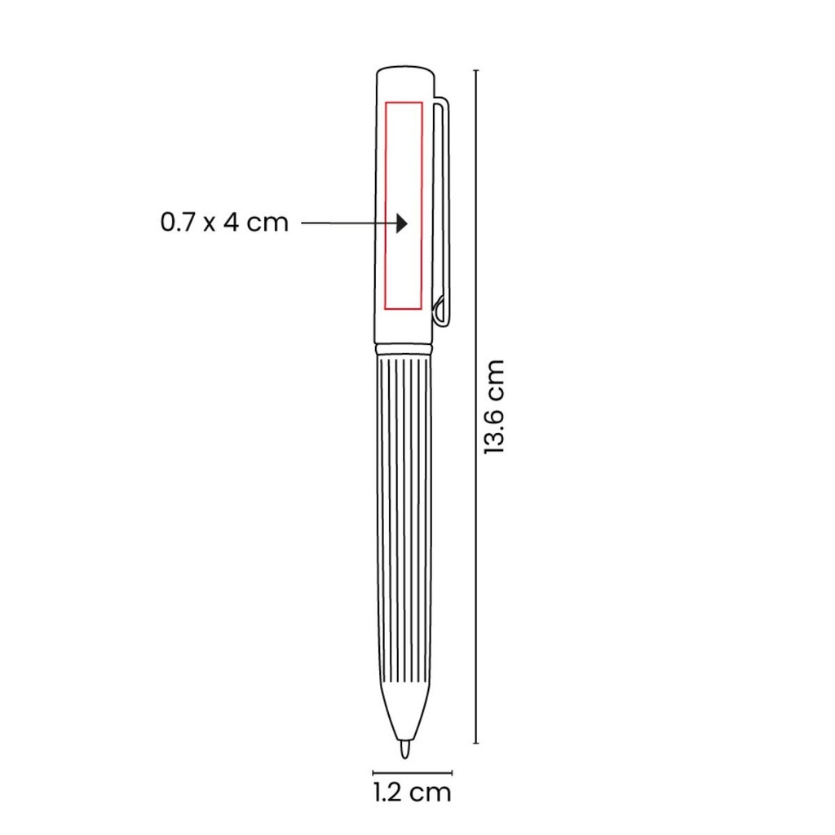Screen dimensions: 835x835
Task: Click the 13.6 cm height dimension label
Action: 493,407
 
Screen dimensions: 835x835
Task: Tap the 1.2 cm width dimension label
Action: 412,793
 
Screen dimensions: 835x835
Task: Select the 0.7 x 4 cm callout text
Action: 224,222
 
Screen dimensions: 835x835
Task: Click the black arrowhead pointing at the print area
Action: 401,223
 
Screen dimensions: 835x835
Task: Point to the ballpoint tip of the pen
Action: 404,749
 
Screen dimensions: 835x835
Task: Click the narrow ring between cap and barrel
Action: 404,349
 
